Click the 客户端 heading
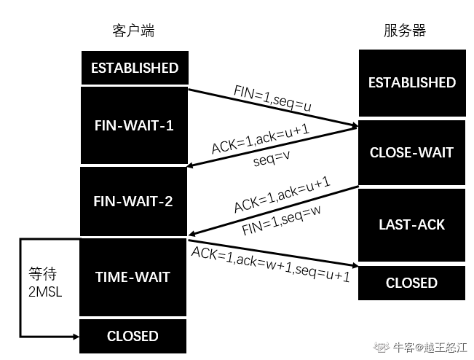coord(133,31)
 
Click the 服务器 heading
coord(405,31)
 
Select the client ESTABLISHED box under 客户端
coord(135,68)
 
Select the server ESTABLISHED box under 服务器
coord(412,83)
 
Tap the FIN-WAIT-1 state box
coord(134,125)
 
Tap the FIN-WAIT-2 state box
coord(133,201)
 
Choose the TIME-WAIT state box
coord(133,278)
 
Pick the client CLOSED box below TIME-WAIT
coord(133,336)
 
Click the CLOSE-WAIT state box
coord(411,152)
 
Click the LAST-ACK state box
coord(411,225)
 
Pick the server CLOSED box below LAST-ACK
coord(411,283)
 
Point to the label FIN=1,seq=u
coord(272,98)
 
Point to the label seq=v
coord(271,159)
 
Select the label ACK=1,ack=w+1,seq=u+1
coord(271,264)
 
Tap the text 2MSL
coord(45,292)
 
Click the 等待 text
coord(43,274)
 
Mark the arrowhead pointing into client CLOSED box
coord(76,337)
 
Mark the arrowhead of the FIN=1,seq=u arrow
coord(354,125)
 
